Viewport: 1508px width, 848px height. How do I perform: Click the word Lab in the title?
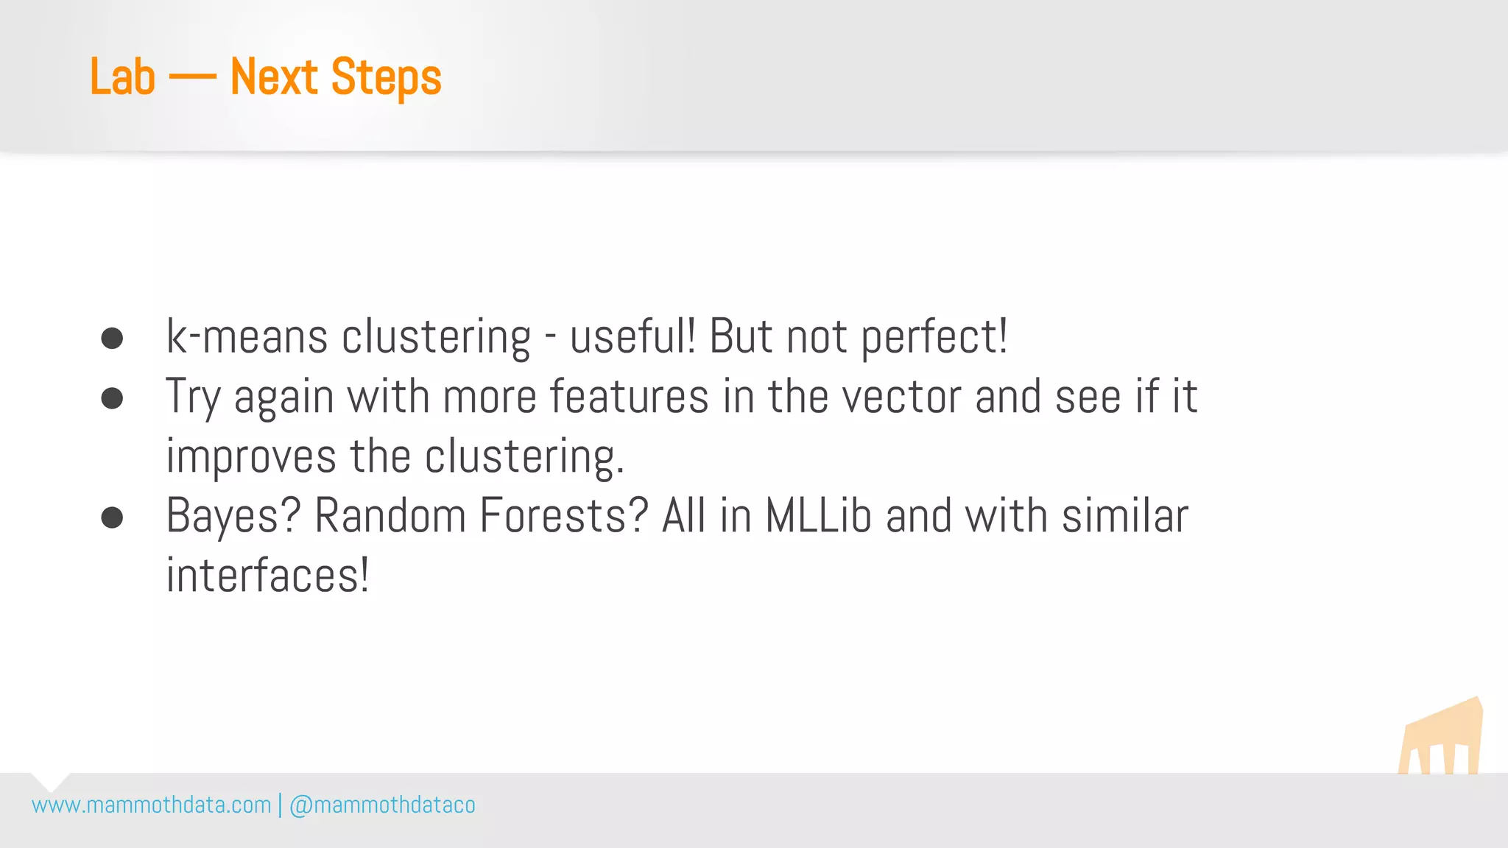[x=122, y=77]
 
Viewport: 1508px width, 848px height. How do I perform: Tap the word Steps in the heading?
[x=386, y=78]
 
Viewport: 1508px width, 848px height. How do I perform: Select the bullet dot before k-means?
[x=112, y=339]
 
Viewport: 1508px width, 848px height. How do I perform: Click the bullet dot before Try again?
[x=112, y=398]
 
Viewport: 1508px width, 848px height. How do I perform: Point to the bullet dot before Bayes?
[x=112, y=517]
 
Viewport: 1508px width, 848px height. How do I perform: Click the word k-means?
[x=247, y=338]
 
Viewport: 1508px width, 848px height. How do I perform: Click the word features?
[x=630, y=397]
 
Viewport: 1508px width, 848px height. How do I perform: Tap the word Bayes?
[x=233, y=517]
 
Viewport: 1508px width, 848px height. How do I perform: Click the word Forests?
[x=563, y=516]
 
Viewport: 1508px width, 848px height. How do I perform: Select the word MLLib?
[x=818, y=516]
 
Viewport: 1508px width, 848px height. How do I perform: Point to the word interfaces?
[x=267, y=576]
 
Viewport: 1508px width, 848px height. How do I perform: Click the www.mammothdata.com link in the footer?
[x=152, y=805]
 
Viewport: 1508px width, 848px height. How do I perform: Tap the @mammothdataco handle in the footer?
[x=382, y=805]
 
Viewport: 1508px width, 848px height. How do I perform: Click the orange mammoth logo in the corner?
[x=1441, y=738]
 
